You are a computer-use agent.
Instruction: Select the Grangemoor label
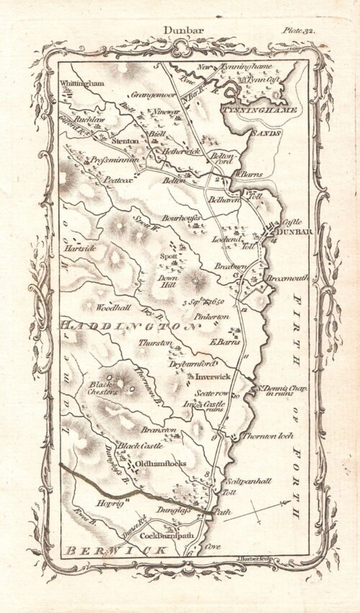click(135, 94)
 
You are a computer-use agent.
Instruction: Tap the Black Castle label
click(136, 446)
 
